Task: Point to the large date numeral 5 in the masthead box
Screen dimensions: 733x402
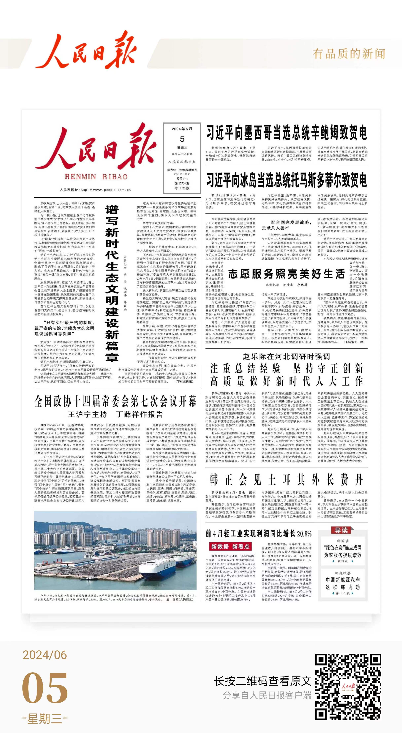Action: [x=182, y=139]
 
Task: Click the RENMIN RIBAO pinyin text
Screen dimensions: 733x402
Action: [x=96, y=177]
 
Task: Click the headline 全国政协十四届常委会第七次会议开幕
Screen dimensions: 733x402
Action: [x=115, y=401]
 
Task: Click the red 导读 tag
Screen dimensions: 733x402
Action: [x=341, y=530]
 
